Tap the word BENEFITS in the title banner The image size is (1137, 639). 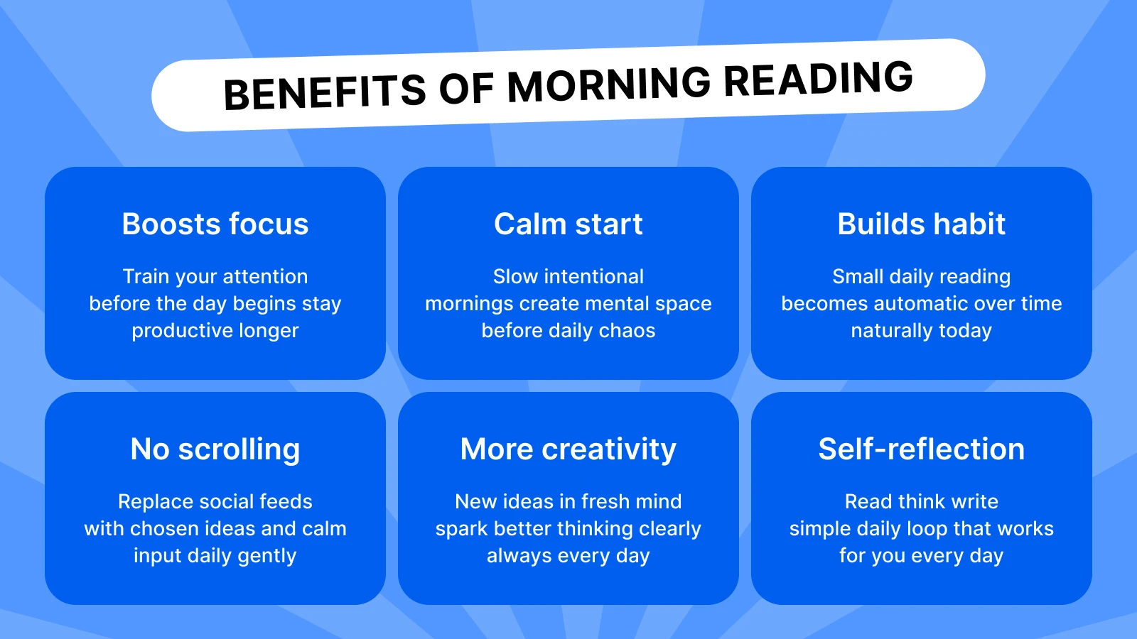tap(324, 92)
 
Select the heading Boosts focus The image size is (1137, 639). tap(215, 224)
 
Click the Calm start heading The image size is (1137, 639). tap(568, 224)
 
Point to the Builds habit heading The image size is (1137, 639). tap(921, 224)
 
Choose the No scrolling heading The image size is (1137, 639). tap(215, 449)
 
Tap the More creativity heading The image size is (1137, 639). tap(568, 449)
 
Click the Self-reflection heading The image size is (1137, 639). tap(921, 449)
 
